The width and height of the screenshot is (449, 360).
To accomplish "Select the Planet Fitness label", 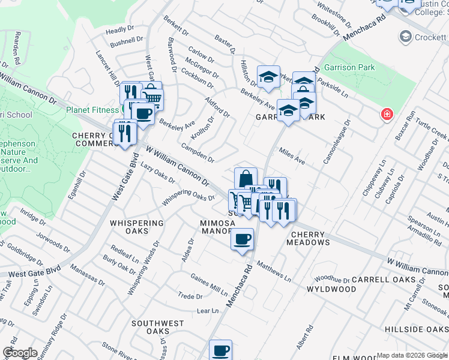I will [x=93, y=110].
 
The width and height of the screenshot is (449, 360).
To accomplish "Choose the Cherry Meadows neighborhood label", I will [x=310, y=238].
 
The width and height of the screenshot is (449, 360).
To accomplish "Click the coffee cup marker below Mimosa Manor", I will [x=242, y=239].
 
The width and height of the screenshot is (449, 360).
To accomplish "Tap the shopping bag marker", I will [x=246, y=179].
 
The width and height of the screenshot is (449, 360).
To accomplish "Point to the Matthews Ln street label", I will [x=274, y=271].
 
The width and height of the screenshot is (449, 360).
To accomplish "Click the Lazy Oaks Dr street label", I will [x=157, y=173].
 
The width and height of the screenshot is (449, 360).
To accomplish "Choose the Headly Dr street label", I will [x=119, y=30].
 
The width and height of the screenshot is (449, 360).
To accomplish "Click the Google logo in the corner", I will [x=20, y=353].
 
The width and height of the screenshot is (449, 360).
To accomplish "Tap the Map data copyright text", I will [x=412, y=355].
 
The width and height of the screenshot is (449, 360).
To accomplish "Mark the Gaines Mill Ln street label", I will [x=209, y=284].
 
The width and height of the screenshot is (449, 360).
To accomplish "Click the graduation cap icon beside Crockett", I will [x=406, y=37].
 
